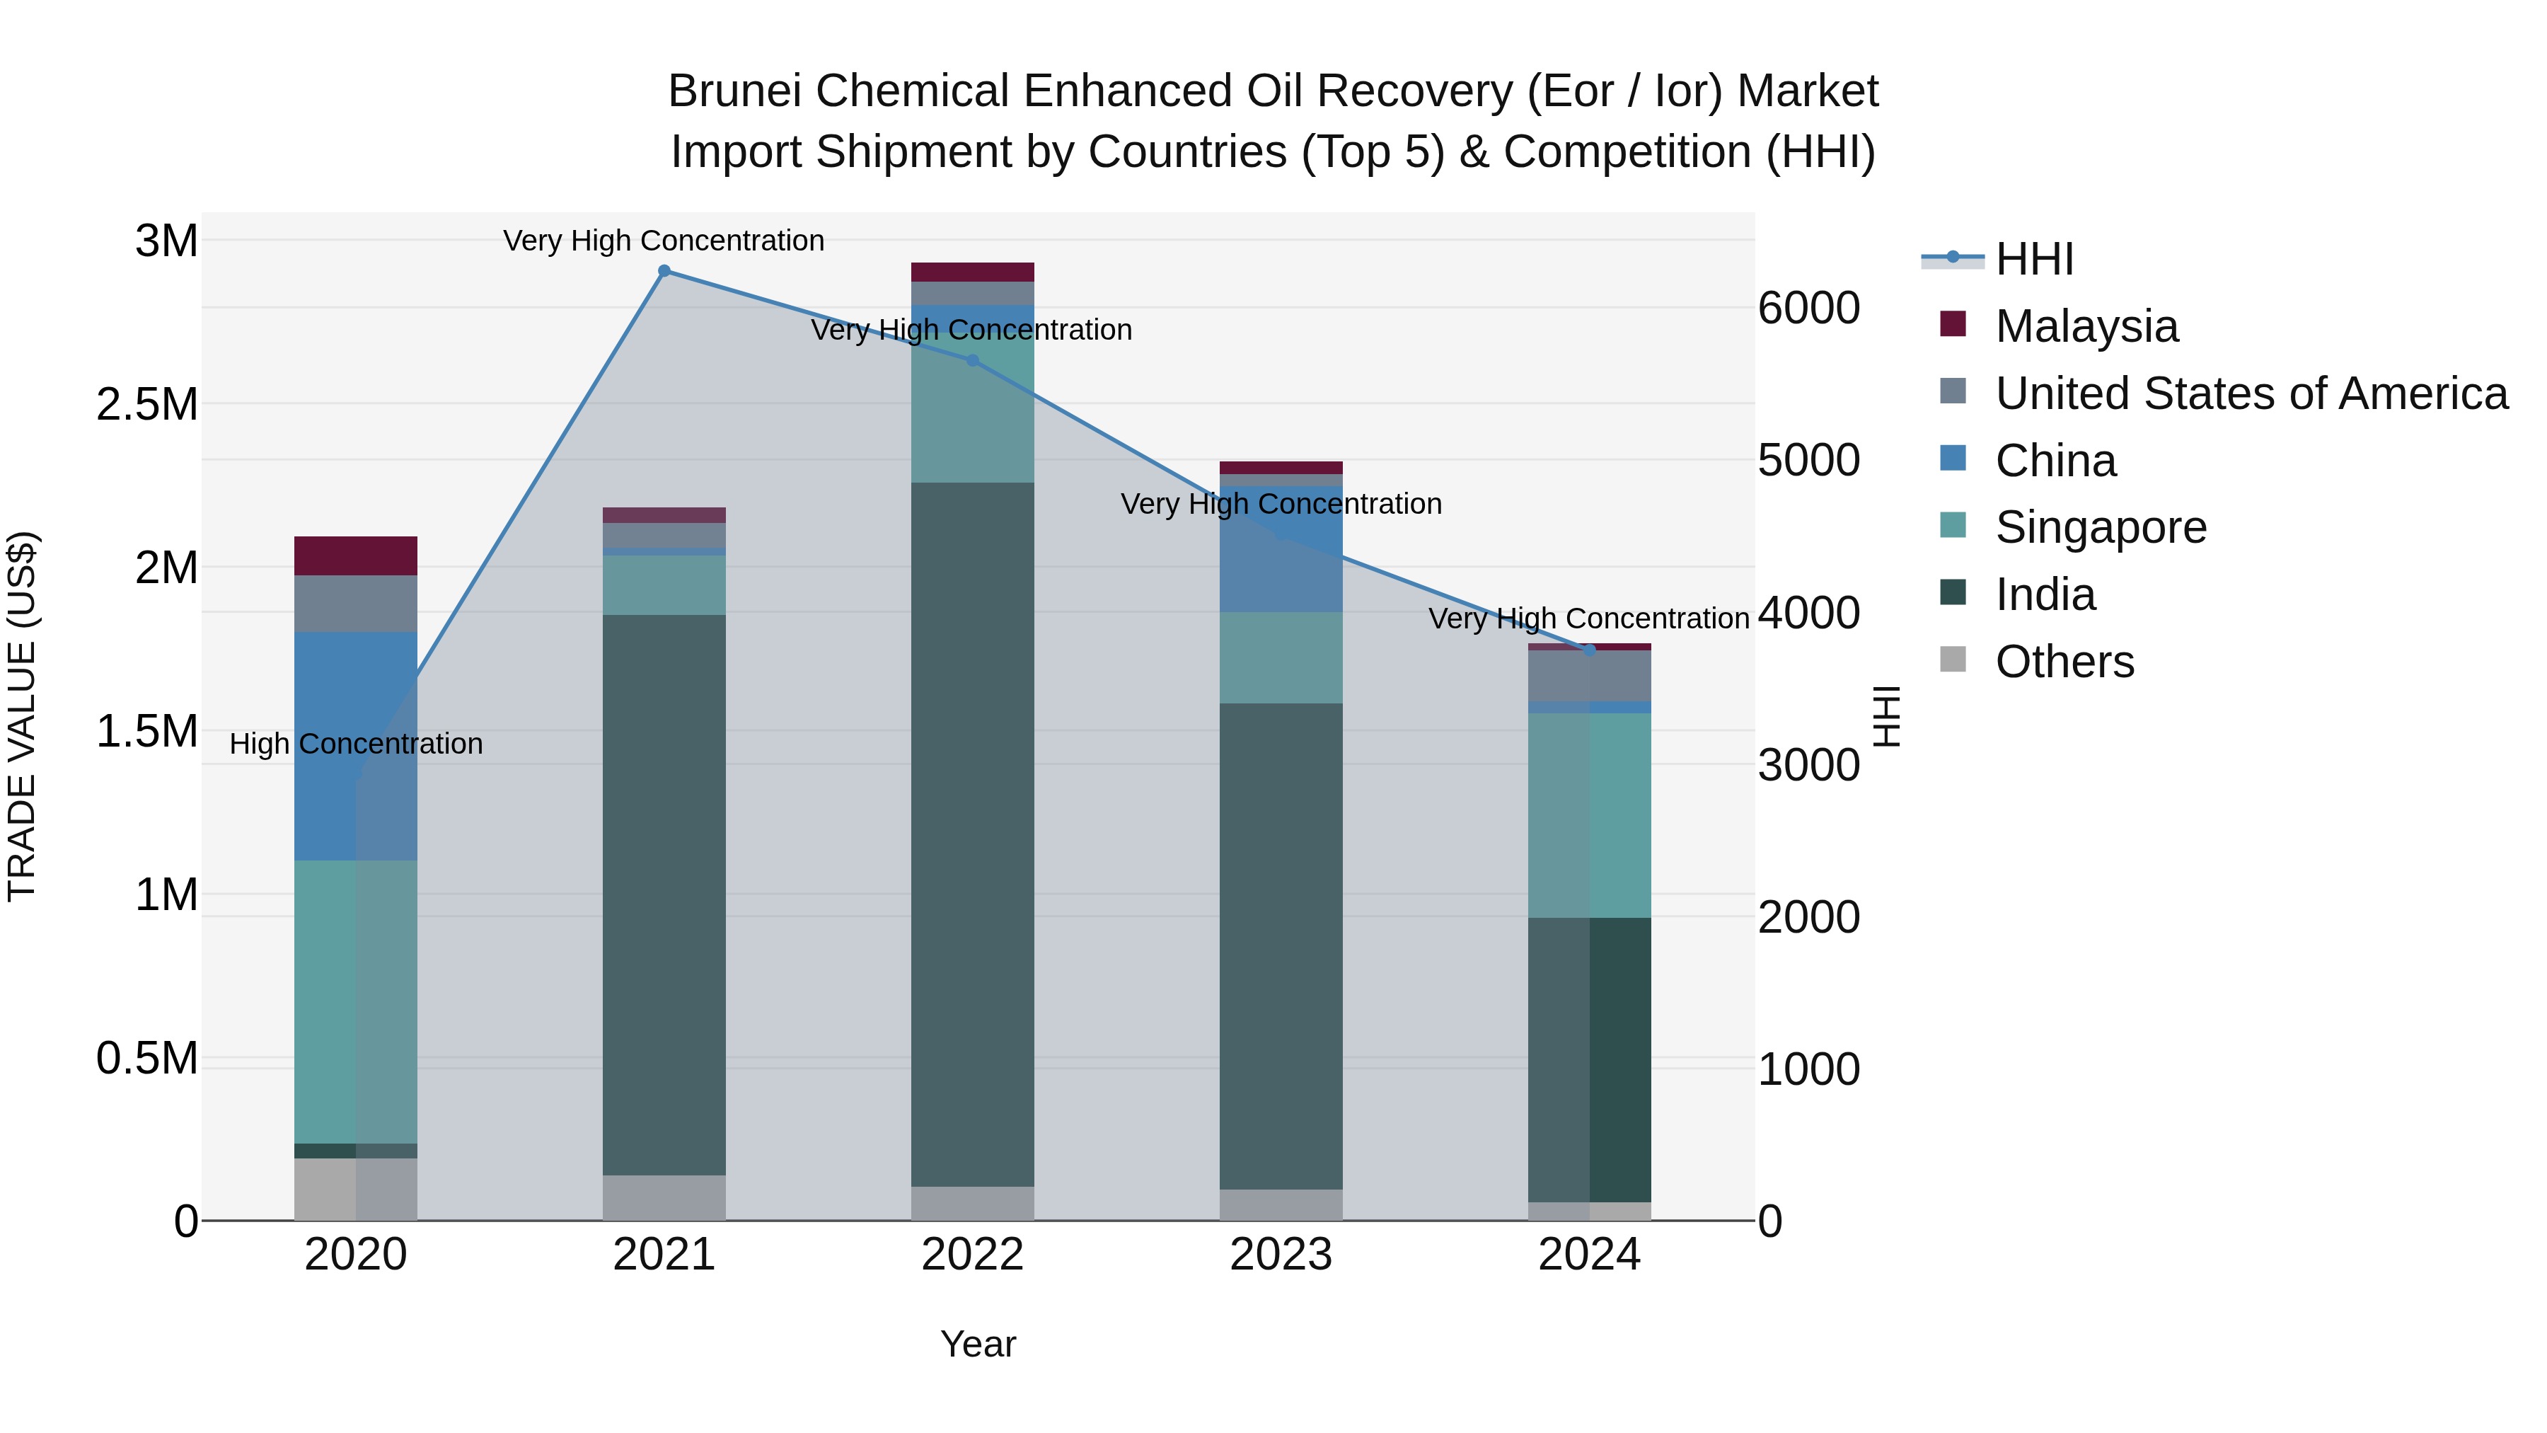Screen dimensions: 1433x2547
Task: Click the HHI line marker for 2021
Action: click(x=664, y=271)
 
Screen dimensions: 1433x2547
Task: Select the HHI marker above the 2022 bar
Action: click(x=973, y=361)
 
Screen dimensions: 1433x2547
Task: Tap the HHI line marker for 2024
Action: click(x=1590, y=650)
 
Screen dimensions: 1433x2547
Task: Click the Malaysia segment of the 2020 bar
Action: click(x=356, y=556)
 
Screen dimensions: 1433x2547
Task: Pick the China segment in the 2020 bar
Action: click(x=356, y=746)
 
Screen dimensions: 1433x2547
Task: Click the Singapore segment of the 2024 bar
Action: click(x=1590, y=815)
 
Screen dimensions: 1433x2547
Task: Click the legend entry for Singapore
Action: click(x=2100, y=527)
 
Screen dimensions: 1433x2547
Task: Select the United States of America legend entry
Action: click(x=2251, y=393)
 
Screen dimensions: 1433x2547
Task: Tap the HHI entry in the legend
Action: click(x=2034, y=259)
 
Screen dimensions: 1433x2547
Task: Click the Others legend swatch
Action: click(x=1953, y=660)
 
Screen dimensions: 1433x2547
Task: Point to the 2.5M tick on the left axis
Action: click(x=146, y=405)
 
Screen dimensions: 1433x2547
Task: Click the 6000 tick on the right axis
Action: click(x=1808, y=308)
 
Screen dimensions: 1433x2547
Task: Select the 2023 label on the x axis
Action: click(x=1281, y=1255)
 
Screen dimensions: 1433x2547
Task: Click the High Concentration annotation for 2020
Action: click(x=356, y=744)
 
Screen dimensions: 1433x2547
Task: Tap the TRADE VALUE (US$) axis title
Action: click(x=22, y=716)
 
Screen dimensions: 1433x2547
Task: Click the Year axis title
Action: click(x=978, y=1344)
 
